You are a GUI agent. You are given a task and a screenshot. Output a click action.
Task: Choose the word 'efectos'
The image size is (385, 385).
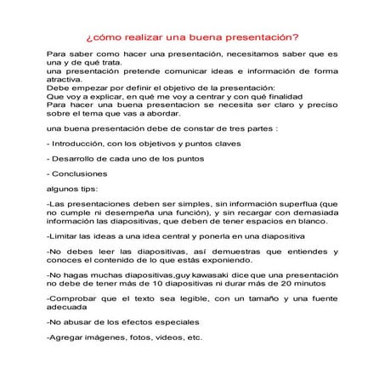[138, 323]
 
